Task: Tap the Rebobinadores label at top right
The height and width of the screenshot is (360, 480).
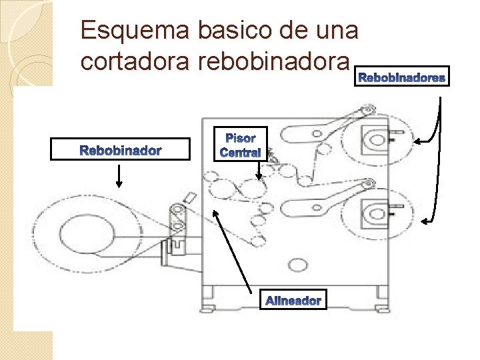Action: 403,79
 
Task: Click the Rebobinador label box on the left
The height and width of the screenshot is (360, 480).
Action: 121,150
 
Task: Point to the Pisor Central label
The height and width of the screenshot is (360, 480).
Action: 240,145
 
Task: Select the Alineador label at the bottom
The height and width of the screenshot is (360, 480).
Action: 293,301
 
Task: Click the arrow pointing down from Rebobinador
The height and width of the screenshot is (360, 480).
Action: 119,176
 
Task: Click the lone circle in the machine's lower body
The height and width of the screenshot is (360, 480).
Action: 296,265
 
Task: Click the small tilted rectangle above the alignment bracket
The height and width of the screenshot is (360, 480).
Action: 188,198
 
